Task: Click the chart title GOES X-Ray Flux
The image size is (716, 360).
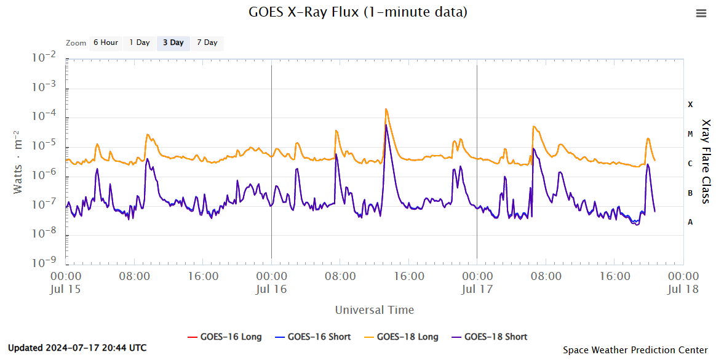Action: click(x=357, y=12)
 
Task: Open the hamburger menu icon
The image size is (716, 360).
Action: click(x=701, y=13)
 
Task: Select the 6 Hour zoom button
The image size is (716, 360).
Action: click(x=105, y=42)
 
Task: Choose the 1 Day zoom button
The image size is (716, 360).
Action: click(x=139, y=42)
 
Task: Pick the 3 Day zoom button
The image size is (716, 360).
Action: click(x=173, y=42)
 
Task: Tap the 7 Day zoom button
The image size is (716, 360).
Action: click(x=207, y=42)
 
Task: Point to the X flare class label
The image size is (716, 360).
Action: click(x=690, y=105)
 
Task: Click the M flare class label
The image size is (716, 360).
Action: click(x=690, y=134)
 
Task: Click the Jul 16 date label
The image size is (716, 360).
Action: click(x=271, y=289)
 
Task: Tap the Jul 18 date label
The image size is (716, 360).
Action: click(x=683, y=289)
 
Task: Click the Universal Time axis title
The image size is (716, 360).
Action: click(x=374, y=310)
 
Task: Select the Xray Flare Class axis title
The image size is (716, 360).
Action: click(x=706, y=161)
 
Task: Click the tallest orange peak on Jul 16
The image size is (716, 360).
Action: click(x=386, y=110)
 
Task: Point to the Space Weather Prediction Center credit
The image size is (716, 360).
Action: click(x=635, y=350)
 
